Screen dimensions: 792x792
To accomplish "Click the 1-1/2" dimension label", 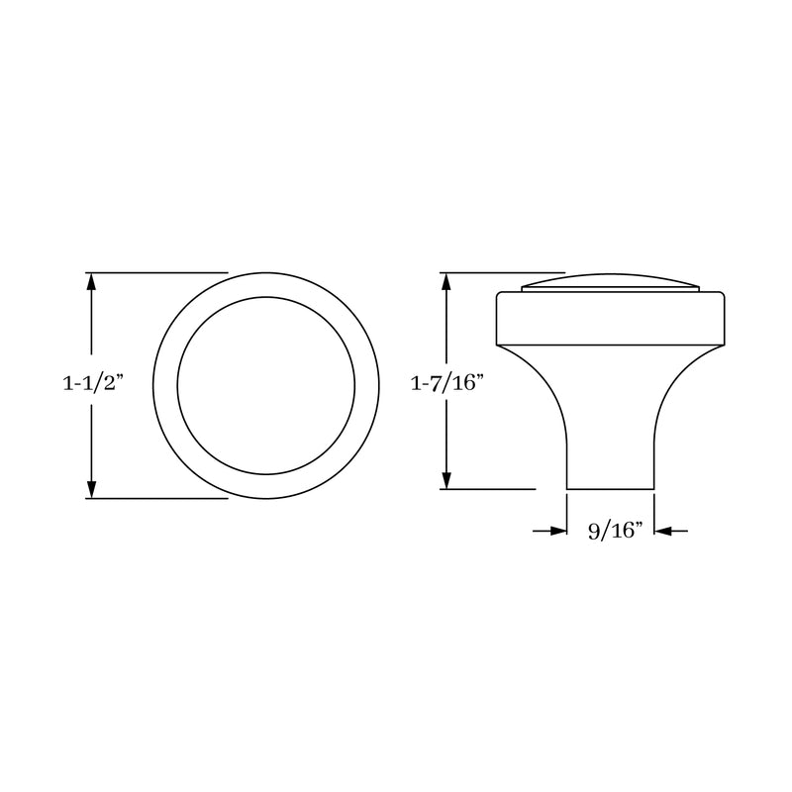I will tap(89, 385).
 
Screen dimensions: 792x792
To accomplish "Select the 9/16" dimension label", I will tap(615, 532).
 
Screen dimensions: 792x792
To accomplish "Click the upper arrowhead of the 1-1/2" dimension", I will tap(92, 281).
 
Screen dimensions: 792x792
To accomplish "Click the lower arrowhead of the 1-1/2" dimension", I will tap(92, 489).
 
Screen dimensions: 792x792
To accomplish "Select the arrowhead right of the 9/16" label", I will tap(663, 532).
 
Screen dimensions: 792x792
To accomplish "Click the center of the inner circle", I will tap(265, 385).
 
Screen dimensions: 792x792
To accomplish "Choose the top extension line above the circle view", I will tap(158, 272).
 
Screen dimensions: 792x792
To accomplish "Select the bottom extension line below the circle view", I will tap(158, 498).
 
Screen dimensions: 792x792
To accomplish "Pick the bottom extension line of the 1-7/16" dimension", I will tap(490, 488).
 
